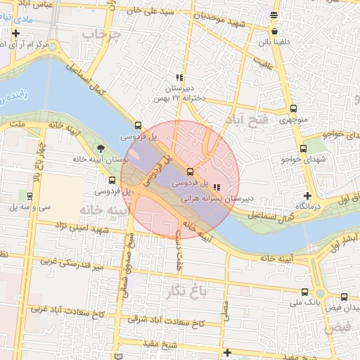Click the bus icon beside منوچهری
click(293, 109)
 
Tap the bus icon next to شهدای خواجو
click(304, 148)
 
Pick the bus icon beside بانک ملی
click(304, 292)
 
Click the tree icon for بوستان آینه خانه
click(101, 148)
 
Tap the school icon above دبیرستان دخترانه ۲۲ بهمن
click(180, 78)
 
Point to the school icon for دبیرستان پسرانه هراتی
click(216, 188)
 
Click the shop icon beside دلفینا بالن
click(274, 32)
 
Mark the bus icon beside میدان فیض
click(345, 297)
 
